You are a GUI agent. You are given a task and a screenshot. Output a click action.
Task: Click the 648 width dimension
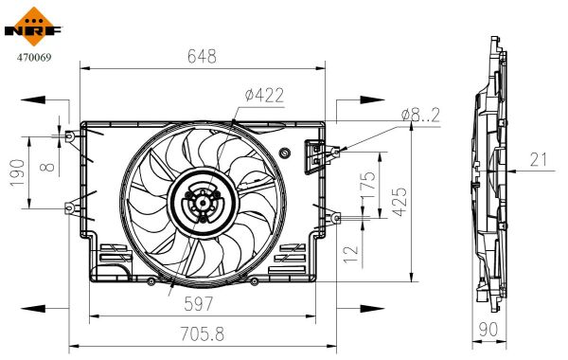201,57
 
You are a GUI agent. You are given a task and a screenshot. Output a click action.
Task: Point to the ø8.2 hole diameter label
421,114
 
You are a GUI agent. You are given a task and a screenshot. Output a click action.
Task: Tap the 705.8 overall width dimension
203,333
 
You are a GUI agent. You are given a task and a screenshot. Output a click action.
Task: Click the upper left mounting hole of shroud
70,135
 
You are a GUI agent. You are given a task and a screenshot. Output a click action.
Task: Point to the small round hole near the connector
285,153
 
